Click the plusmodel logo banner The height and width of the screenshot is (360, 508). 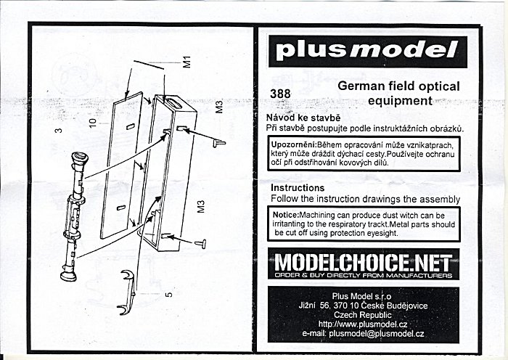tap(369, 51)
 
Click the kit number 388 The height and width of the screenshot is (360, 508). tap(279, 93)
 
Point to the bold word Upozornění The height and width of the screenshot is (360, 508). tap(294, 145)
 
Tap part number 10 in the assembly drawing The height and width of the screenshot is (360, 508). tap(92, 122)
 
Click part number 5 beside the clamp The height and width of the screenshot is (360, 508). tap(168, 295)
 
